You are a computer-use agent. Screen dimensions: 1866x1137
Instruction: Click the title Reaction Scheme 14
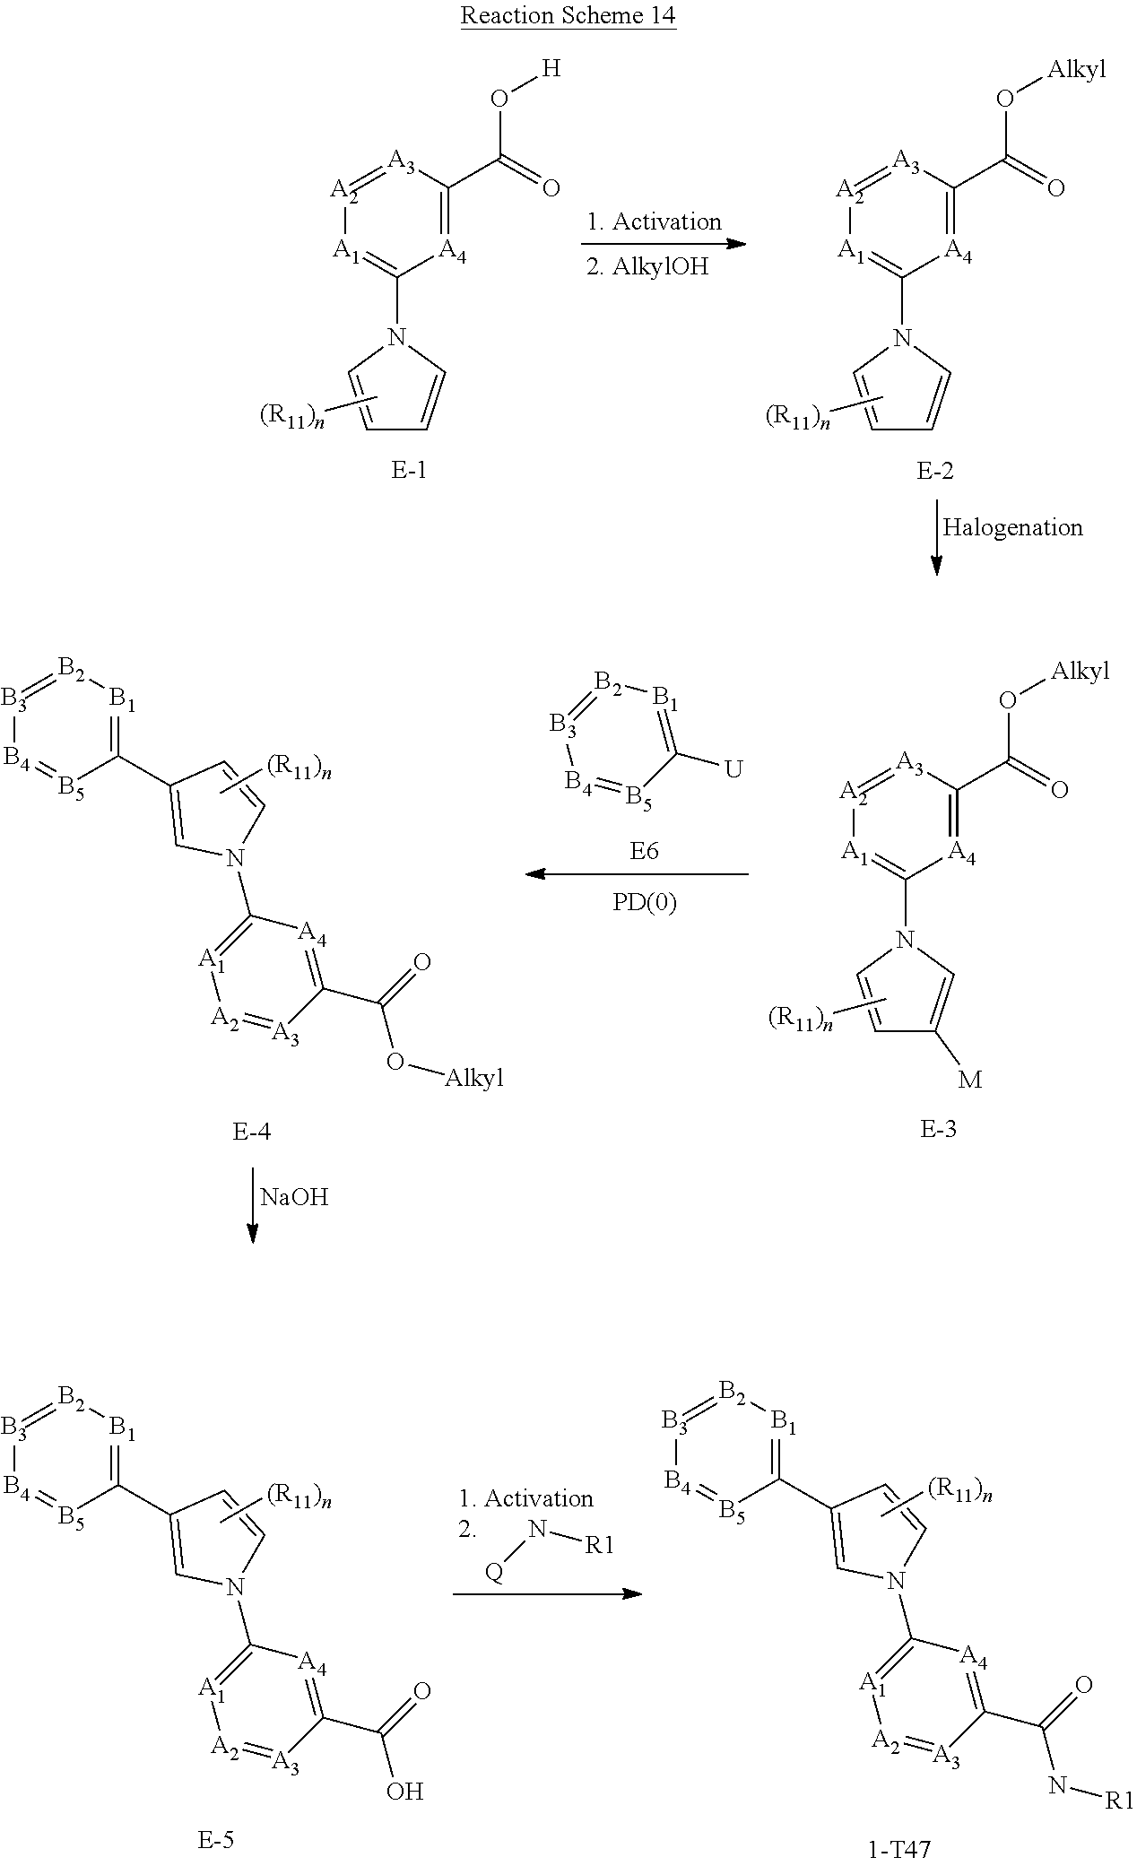[x=568, y=16]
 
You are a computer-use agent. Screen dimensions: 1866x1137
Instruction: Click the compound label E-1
[x=409, y=469]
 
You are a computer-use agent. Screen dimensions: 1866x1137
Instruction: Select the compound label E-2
[x=935, y=469]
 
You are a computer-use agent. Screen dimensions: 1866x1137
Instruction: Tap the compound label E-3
[x=938, y=1128]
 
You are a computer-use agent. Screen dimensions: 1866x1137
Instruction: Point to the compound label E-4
[x=252, y=1132]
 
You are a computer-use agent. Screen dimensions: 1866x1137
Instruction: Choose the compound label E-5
[x=215, y=1841]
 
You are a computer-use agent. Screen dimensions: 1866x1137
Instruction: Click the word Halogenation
[x=1012, y=527]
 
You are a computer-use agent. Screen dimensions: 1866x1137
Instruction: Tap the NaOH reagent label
[x=294, y=1196]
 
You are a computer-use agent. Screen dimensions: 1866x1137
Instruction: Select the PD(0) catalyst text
[x=644, y=902]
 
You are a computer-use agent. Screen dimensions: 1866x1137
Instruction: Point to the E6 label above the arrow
[x=644, y=850]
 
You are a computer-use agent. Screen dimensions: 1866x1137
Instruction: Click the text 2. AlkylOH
[x=647, y=267]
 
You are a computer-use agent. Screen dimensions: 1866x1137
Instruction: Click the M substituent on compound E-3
[x=970, y=1080]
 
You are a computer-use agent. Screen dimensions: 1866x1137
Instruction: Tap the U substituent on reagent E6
[x=733, y=769]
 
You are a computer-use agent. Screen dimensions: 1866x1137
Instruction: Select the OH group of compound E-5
[x=404, y=1791]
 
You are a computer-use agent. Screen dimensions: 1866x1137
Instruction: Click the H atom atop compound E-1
[x=551, y=68]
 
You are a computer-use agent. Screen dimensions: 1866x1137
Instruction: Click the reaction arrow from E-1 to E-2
[x=664, y=244]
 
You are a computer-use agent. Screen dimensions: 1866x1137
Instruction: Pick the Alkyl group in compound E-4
[x=474, y=1078]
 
